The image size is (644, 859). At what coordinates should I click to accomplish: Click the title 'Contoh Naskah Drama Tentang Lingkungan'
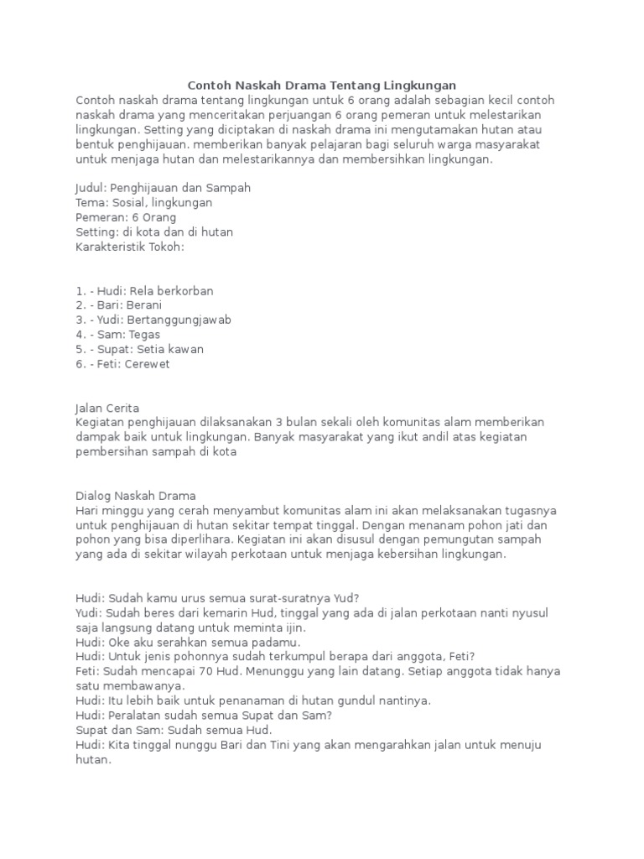tap(321, 85)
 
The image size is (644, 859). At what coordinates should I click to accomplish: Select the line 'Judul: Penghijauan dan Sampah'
tap(163, 188)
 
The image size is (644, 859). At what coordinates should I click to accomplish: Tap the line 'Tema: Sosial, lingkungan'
tap(143, 202)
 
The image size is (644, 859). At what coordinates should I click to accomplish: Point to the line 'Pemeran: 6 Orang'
tap(126, 217)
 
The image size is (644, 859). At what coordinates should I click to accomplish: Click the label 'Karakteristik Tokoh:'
tap(129, 247)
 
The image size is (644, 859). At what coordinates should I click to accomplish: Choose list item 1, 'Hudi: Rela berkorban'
tap(144, 290)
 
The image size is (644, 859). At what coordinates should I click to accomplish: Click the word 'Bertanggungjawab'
tap(180, 320)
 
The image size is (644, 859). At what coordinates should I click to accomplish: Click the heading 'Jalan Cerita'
tap(107, 408)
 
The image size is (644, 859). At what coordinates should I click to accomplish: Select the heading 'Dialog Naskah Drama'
tap(135, 496)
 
